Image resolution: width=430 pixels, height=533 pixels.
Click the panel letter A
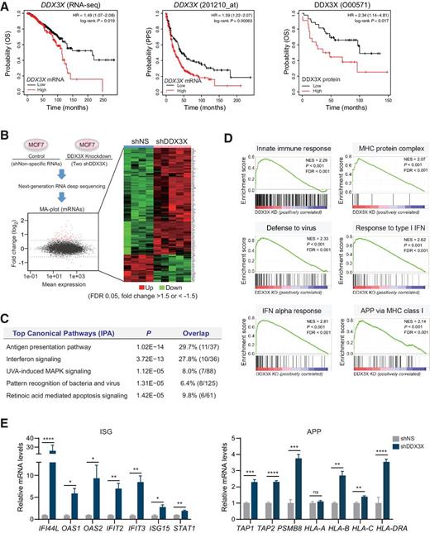(x=6, y=6)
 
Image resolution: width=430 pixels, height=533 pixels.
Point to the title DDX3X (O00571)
(x=351, y=7)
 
